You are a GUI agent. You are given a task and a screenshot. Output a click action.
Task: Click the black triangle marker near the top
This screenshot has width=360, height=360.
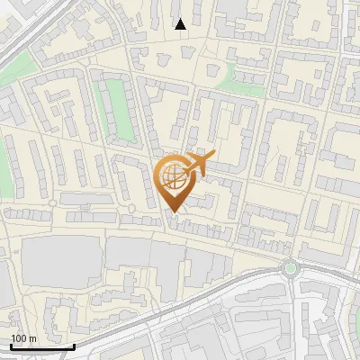tap(180, 24)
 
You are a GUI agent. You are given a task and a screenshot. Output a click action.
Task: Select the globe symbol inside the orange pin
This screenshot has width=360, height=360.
tap(171, 175)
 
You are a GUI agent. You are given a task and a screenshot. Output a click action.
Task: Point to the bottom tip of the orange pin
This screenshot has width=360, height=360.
tap(172, 211)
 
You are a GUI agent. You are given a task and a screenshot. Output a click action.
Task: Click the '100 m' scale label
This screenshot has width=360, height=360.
tap(23, 338)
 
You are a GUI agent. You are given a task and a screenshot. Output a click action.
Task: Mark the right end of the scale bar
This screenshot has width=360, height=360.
tap(74, 346)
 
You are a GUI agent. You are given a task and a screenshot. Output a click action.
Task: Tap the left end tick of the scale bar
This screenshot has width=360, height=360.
tap(11, 346)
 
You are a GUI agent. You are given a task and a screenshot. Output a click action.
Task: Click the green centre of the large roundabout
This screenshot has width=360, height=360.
tap(290, 268)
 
